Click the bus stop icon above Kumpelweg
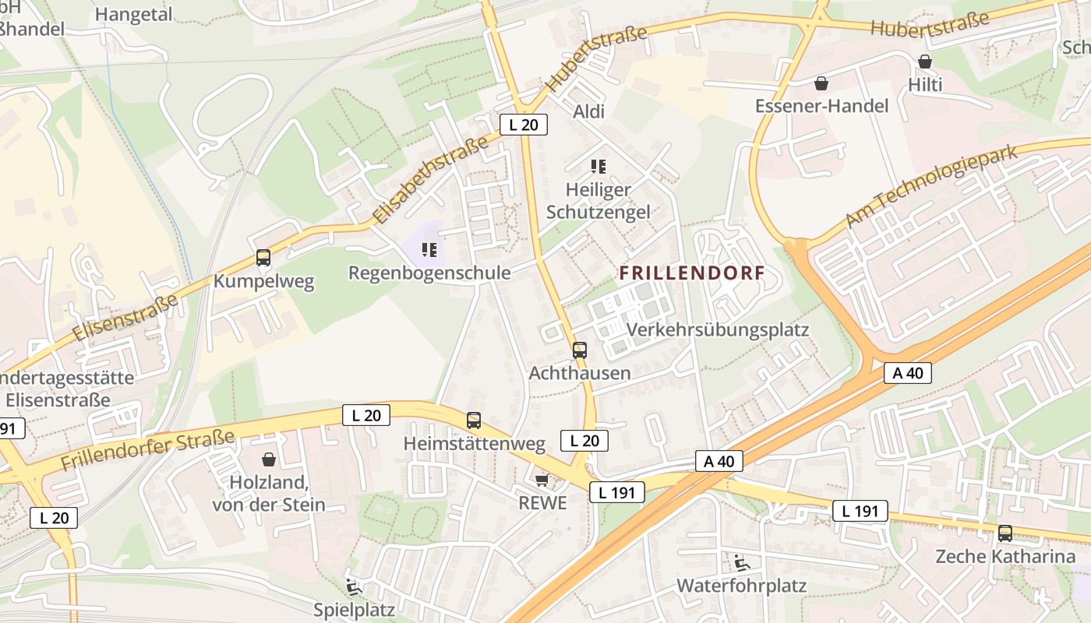click(x=263, y=258)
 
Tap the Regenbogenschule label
click(x=429, y=273)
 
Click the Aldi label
click(x=588, y=111)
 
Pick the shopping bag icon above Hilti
click(x=925, y=62)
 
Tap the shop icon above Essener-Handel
click(x=821, y=83)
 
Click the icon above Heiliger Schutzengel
click(x=598, y=166)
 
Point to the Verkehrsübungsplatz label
click(x=717, y=329)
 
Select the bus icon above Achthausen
click(x=579, y=350)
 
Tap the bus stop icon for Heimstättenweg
click(x=474, y=421)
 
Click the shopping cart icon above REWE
click(x=542, y=480)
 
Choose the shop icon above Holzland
click(x=269, y=459)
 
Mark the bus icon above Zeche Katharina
click(x=1005, y=533)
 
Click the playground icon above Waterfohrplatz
click(x=741, y=562)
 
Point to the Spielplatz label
click(x=354, y=609)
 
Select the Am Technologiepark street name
click(x=932, y=185)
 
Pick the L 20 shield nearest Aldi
click(x=523, y=125)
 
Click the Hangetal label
click(x=133, y=14)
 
